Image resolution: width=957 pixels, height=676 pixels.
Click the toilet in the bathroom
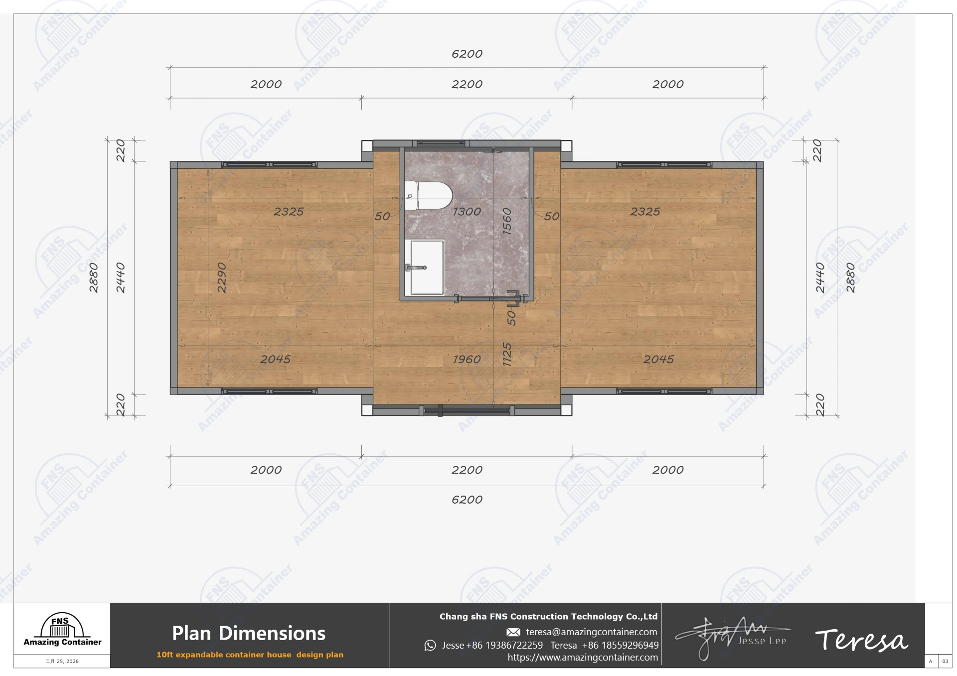coord(428,196)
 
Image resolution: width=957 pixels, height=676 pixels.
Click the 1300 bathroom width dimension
coord(467,212)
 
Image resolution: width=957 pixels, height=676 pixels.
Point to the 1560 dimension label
coord(507,221)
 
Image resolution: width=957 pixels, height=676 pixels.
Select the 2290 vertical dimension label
coord(222,277)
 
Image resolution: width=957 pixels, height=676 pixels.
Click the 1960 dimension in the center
coord(467,359)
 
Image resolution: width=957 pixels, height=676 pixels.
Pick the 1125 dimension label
coord(507,354)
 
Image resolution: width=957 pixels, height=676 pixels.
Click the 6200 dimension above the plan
coord(467,54)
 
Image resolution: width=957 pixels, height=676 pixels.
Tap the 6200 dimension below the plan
coord(467,500)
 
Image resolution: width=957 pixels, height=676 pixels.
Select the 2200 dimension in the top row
coord(467,84)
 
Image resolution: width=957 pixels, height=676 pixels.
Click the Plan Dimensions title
coord(249,633)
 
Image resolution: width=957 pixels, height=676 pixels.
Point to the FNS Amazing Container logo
coord(62,629)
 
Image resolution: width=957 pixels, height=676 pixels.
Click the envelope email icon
coord(513,632)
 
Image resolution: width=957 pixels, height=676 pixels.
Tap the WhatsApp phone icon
coord(430,646)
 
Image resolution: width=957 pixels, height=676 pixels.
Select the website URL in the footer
coord(582,658)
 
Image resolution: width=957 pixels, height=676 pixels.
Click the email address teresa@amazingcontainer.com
coord(591,632)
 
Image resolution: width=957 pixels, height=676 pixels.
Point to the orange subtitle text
coord(250,655)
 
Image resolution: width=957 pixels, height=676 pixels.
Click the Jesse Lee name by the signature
coord(762,641)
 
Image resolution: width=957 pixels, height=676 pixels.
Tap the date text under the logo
coord(62,662)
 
